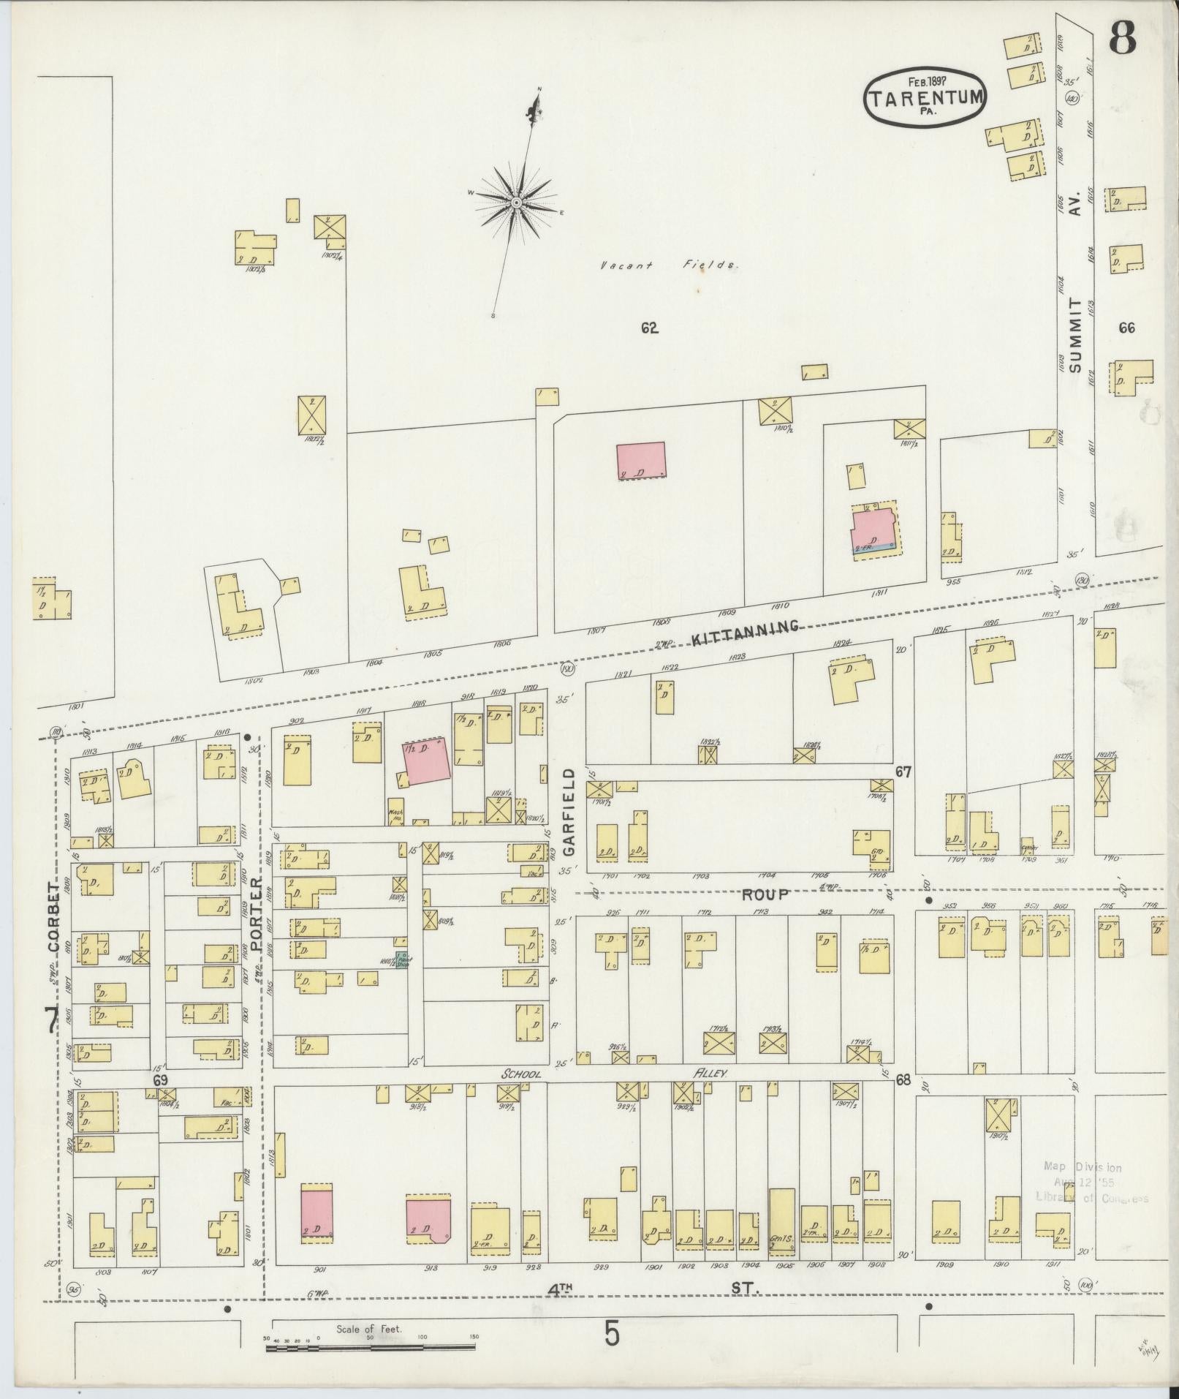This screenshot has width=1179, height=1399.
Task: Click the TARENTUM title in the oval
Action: pos(925,99)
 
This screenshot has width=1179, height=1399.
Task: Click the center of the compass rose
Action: pos(516,202)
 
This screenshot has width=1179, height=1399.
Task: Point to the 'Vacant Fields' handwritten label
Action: pos(668,265)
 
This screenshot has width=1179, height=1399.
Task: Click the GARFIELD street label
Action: pos(570,812)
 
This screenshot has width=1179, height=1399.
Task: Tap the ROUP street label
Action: pos(765,894)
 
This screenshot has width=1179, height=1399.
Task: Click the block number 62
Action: pos(649,328)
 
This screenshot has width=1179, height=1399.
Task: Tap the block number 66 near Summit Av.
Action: pos(1126,328)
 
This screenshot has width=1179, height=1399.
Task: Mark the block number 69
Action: pos(160,1079)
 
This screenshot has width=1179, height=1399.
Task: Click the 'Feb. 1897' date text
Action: pos(924,82)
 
